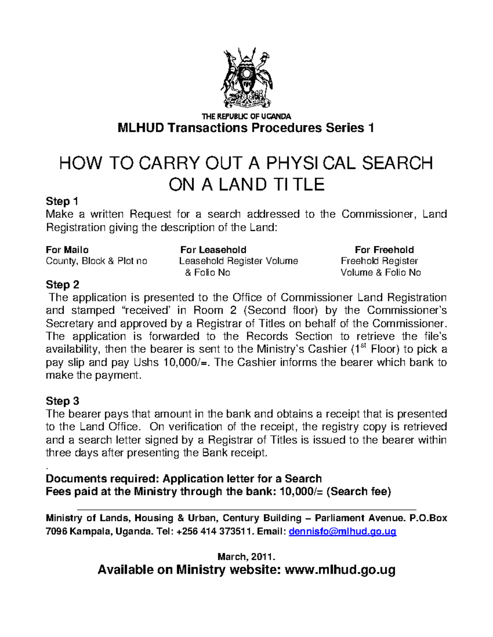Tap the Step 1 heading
(x=62, y=201)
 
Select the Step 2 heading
(x=62, y=285)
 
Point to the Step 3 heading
(x=62, y=401)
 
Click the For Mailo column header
(x=67, y=250)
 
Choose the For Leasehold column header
(x=213, y=250)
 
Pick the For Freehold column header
(x=384, y=250)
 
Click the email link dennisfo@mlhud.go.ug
(x=343, y=532)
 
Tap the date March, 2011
(x=246, y=557)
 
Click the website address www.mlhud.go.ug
(x=340, y=570)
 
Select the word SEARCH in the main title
(x=397, y=163)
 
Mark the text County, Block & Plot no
(x=97, y=261)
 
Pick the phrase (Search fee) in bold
(x=359, y=491)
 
